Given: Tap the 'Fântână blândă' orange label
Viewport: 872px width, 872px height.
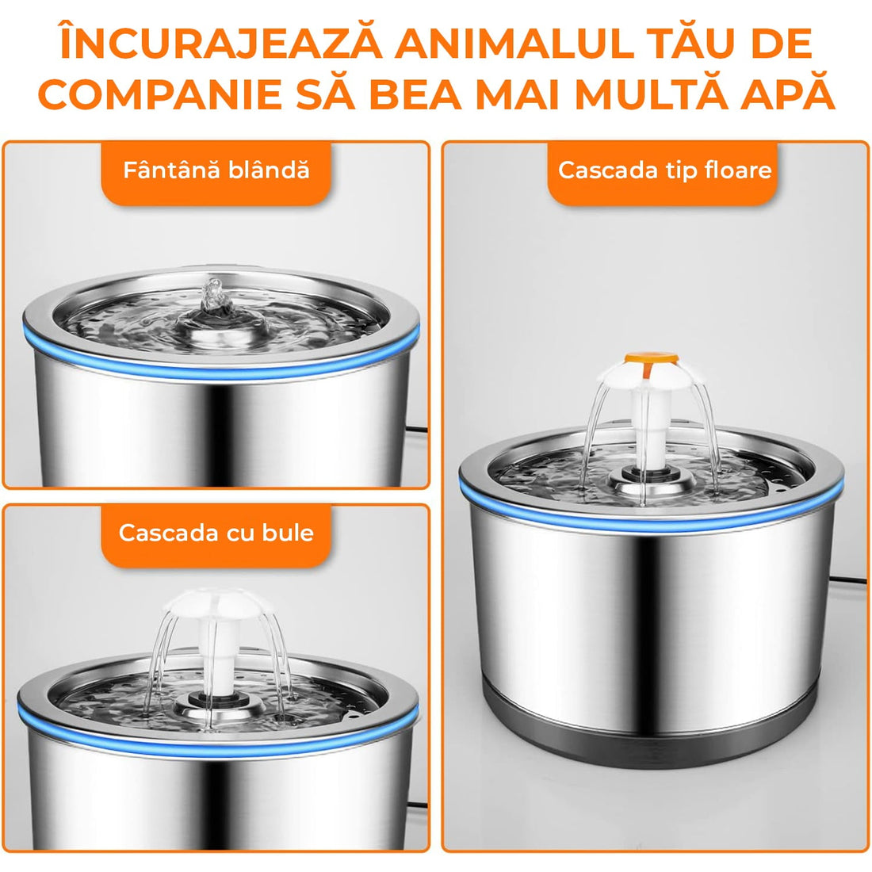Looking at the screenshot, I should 216,170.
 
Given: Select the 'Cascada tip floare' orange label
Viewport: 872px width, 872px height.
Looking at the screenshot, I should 664,170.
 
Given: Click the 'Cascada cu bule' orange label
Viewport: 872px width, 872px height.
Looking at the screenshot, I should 216,532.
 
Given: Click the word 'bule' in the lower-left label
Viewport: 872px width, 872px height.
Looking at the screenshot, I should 289,532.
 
